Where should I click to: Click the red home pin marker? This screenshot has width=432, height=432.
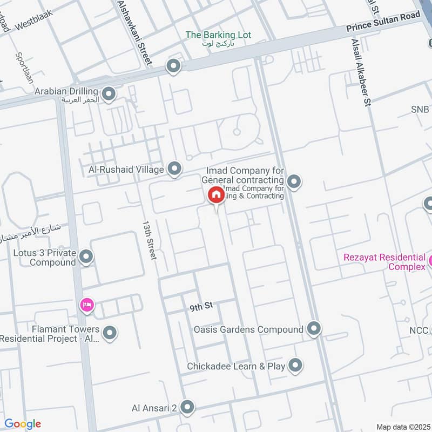pos(216,194)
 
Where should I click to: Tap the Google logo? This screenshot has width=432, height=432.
pos(22,424)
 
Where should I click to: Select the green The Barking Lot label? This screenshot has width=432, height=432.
pos(218,36)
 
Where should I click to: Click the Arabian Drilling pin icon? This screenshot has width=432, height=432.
pos(109,95)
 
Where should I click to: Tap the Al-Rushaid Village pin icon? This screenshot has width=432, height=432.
pos(174,170)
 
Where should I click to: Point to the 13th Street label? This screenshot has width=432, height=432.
pos(149,240)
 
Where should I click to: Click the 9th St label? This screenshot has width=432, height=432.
pos(201,307)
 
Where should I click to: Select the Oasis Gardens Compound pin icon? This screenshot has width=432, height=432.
pos(314,328)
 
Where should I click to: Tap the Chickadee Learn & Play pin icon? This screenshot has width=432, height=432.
pos(295,366)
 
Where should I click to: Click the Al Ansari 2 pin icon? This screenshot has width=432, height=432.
pos(187,407)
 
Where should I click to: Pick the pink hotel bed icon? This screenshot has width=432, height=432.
pos(87,306)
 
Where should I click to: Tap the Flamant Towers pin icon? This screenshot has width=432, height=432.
pos(110,333)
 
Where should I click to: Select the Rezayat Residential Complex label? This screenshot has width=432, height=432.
pos(384,262)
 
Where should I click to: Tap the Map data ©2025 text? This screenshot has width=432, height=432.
pos(402,427)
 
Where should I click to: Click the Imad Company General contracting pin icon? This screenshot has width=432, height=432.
pos(294,182)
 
